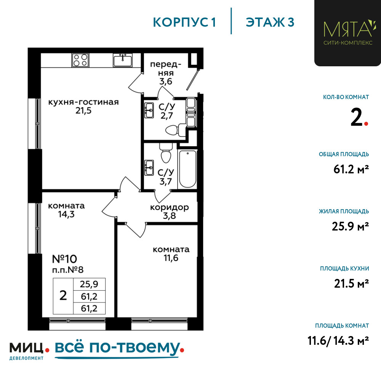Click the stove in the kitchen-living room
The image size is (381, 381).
[80, 60]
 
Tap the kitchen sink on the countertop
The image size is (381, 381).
[123, 60]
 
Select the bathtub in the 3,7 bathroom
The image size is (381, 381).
[187, 169]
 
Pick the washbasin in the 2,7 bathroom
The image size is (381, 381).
[149, 110]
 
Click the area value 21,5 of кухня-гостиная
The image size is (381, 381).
[83, 111]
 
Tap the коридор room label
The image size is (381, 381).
[170, 208]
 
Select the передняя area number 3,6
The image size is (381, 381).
[166, 82]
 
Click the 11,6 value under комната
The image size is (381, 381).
[171, 258]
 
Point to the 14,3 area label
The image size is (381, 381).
[66, 214]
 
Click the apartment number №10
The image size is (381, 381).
[64, 259]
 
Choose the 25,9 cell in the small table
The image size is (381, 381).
[89, 284]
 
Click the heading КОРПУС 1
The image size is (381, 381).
[184, 22]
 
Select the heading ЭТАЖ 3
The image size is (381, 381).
[270, 22]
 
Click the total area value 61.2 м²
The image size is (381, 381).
[351, 170]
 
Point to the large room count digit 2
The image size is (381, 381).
[357, 117]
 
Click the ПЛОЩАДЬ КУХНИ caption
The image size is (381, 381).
[344, 269]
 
